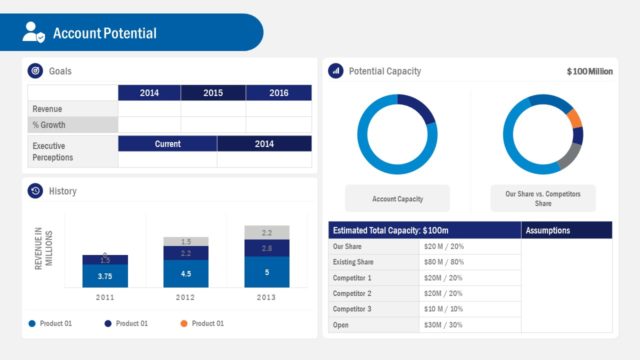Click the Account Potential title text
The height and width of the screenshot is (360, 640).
[104, 33]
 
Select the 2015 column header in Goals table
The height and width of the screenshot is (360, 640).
[213, 93]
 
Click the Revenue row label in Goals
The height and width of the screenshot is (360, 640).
[48, 109]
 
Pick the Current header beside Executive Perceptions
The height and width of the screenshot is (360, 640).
[167, 144]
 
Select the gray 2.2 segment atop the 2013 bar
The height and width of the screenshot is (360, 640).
[266, 232]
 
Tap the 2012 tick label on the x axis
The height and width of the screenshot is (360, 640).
[186, 298]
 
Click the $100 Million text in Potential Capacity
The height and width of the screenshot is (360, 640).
[589, 72]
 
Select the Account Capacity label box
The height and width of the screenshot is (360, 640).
[397, 198]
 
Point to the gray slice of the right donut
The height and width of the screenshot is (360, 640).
[568, 155]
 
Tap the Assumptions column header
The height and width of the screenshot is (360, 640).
[547, 230]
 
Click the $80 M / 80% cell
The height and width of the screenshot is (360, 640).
[444, 262]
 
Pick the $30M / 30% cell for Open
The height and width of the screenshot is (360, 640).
[444, 325]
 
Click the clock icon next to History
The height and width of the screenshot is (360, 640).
[35, 191]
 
